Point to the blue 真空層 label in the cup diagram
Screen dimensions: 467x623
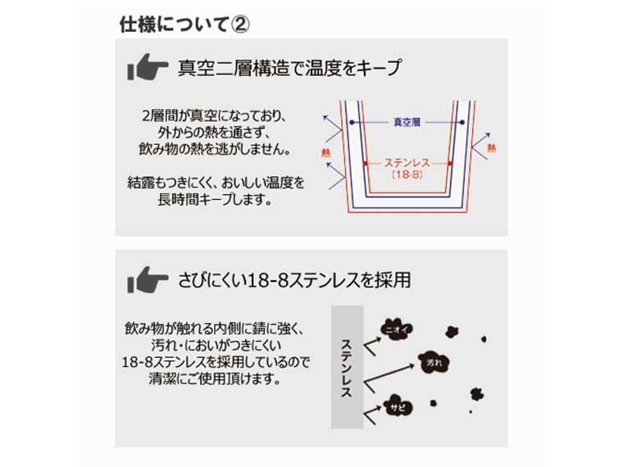pos(405,122)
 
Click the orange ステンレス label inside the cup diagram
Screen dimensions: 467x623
pos(407,163)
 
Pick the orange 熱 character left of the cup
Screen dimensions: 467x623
pos(326,152)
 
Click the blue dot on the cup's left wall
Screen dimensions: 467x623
pos(352,122)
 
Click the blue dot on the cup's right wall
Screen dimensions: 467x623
pos(458,122)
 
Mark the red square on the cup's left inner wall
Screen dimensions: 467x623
pos(362,164)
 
